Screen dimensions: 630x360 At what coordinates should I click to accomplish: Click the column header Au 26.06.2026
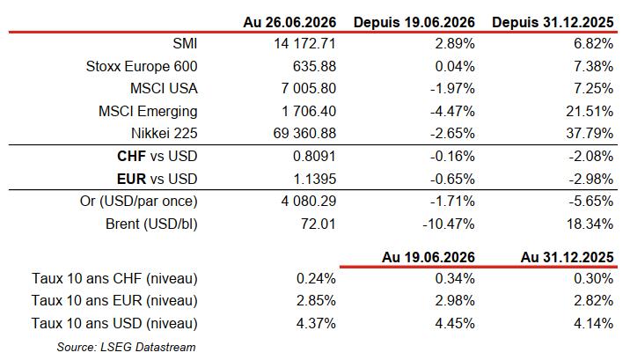coord(289,22)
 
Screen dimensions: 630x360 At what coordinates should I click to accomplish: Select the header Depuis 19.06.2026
coord(414,22)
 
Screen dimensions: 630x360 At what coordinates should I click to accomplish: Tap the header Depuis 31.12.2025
coord(553,22)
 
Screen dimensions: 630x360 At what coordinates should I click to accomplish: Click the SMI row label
coord(186,43)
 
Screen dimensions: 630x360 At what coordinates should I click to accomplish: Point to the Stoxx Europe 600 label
coord(142,66)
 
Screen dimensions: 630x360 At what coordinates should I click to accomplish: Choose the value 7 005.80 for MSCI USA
coord(309,88)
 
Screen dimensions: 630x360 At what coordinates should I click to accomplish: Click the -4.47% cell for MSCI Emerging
coord(452,111)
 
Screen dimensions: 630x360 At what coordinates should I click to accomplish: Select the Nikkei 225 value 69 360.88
coord(304,134)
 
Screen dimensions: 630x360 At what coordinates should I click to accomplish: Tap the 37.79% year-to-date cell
coord(590,134)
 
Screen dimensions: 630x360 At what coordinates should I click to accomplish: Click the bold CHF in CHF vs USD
coord(131,157)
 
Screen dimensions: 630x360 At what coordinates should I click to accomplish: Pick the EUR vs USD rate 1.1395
coord(315,179)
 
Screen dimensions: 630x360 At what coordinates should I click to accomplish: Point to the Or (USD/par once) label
coord(139,201)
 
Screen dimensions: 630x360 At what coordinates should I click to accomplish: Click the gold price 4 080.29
coord(309,201)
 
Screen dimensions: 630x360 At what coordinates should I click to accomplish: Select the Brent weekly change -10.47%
coord(449,224)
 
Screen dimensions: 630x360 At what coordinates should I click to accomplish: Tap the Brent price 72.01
coord(319,224)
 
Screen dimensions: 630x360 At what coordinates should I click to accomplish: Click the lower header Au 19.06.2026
coord(429,257)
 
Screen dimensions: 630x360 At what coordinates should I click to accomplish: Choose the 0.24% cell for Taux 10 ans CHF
coord(316,278)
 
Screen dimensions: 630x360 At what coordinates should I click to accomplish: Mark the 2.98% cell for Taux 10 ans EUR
coord(455,300)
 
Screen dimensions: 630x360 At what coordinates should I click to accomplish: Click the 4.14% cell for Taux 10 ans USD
coord(593,323)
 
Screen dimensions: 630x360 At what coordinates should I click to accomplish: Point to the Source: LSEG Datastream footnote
coord(126,347)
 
